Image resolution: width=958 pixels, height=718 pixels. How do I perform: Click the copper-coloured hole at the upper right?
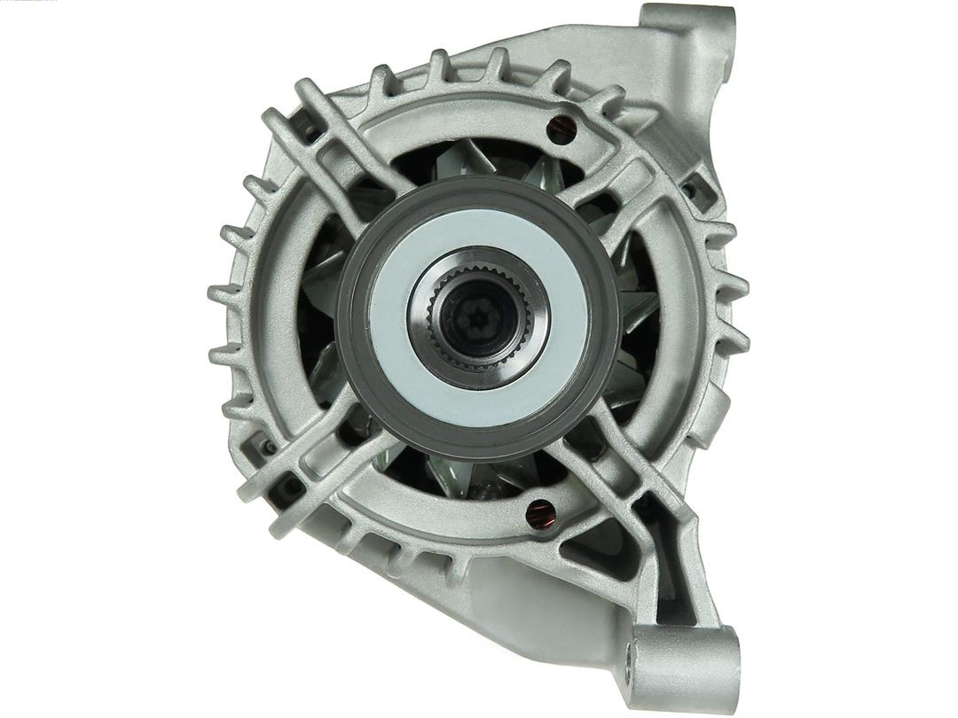561,129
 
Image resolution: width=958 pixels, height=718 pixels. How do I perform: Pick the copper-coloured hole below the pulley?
539,511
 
